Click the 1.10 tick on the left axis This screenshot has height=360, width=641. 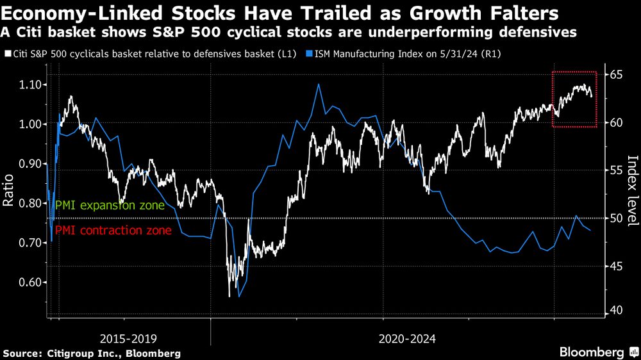pos(30,85)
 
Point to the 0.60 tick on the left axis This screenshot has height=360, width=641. pos(30,282)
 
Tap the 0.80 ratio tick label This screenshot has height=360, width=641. pos(30,203)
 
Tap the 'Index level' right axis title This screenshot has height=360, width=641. pos(632,191)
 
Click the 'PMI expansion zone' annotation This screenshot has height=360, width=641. pos(110,206)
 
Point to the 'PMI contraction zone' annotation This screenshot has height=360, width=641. pos(113,230)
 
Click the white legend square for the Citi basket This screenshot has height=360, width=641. pos(6,54)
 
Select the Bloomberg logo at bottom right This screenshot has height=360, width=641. pos(592,352)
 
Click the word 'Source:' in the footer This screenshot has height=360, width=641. pos(22,353)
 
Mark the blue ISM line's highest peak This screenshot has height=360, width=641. pos(319,84)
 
